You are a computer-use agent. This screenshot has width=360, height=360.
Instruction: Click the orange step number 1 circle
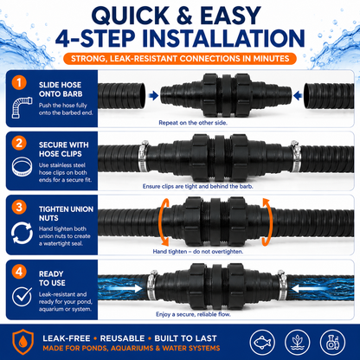pos(19,83)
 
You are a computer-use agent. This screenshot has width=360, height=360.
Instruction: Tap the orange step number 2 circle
pos(19,143)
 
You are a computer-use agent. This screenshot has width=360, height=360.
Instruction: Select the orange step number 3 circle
pos(19,207)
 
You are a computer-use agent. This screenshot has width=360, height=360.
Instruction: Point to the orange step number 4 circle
pos(19,272)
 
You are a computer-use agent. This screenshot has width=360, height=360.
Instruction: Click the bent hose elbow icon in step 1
pos(22,107)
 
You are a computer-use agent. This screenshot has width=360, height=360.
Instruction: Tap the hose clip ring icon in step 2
pos(22,167)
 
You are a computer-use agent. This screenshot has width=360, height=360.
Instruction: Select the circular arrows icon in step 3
pos(22,233)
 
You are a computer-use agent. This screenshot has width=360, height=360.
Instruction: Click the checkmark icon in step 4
pos(22,297)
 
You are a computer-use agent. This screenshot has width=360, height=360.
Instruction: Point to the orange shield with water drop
pos(22,342)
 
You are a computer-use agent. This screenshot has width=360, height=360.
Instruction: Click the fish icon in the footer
pos(263,343)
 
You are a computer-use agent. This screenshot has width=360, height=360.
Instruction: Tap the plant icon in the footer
pos(298,343)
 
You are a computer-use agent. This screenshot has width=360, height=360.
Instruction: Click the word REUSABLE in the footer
pos(122,338)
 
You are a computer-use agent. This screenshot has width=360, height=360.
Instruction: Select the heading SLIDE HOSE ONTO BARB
pos(61,89)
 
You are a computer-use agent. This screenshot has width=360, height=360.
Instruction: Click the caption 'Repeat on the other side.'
pos(193,123)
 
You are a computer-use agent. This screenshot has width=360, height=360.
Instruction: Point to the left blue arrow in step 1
pos(153,95)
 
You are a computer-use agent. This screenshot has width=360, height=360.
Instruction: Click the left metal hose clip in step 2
pos(144,156)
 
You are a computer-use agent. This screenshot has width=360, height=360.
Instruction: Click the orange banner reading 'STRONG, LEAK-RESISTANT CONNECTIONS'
pos(180,59)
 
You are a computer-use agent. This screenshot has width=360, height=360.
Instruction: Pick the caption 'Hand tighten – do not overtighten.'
pos(198,252)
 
